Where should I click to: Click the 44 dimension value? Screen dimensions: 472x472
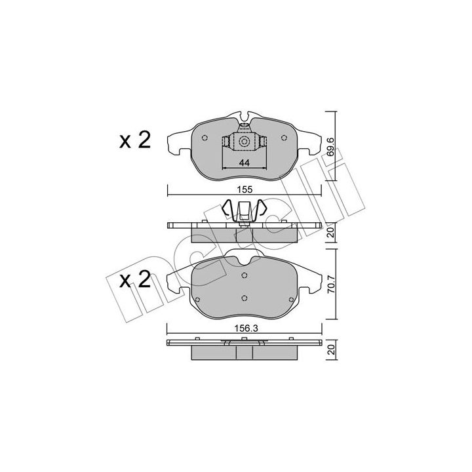coord(245,163)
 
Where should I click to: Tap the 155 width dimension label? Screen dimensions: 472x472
coord(244,189)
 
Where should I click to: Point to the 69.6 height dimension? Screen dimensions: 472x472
coord(330,147)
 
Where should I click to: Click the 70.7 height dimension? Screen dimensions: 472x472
coord(331,284)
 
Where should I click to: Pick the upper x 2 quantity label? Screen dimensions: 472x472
coord(135,140)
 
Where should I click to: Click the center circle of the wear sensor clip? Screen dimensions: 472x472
coord(244,141)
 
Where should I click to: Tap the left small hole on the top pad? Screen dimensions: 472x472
coord(205,138)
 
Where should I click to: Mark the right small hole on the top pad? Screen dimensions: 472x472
coord(284,138)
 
